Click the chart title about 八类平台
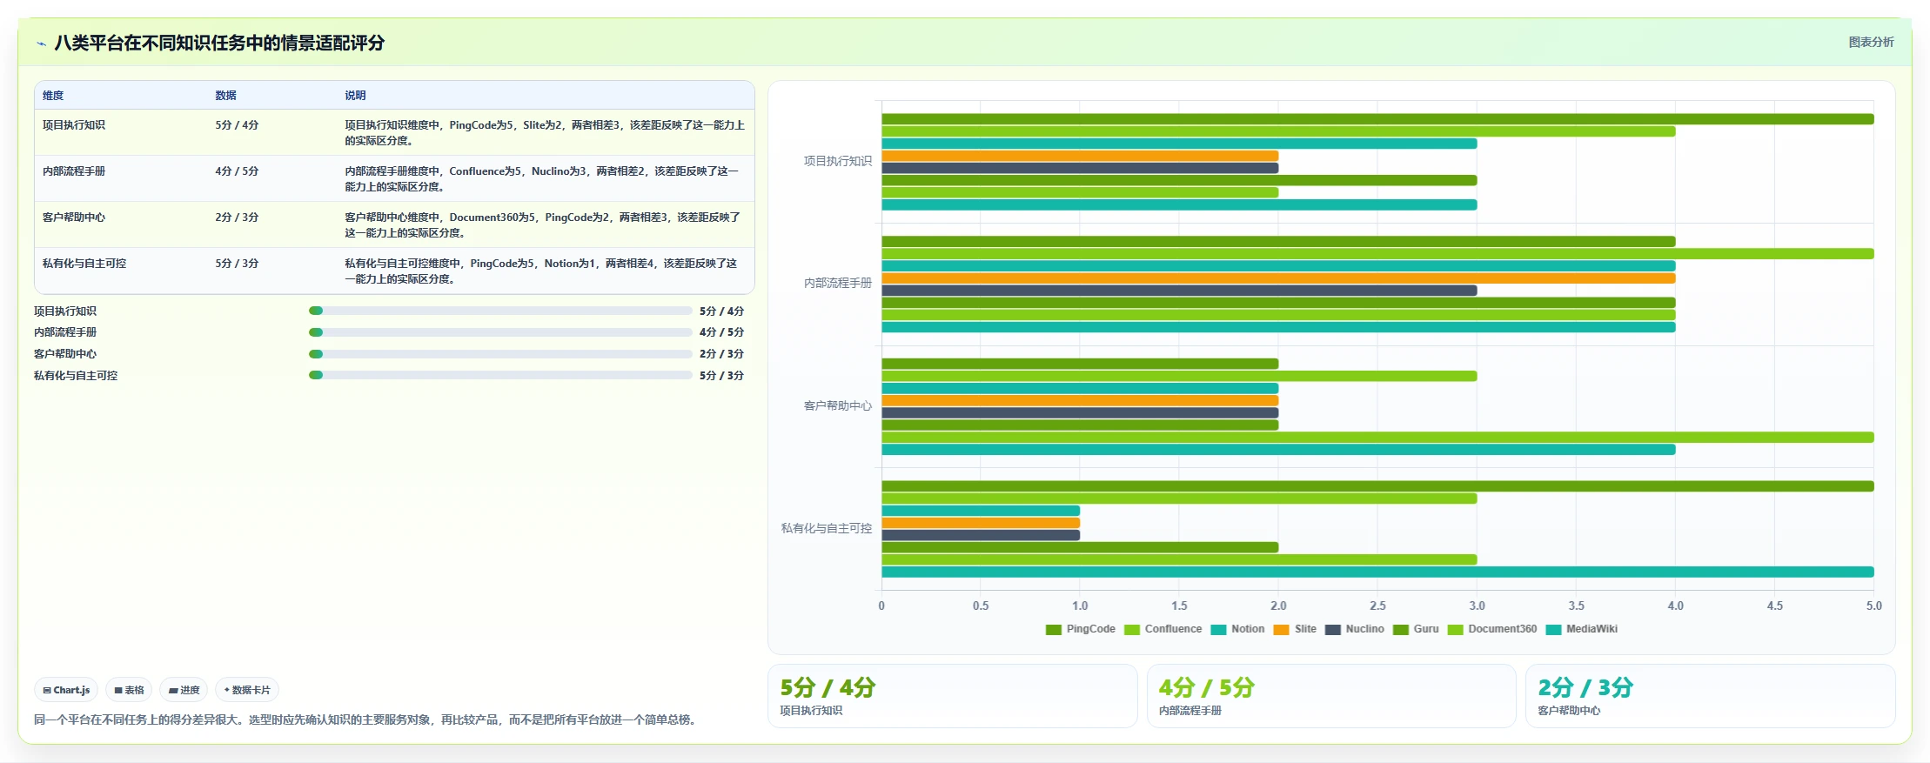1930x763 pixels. tap(219, 43)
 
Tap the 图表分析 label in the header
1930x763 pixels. tap(1871, 42)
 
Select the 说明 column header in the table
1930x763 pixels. tap(355, 96)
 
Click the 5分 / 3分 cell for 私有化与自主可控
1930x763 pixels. tap(237, 264)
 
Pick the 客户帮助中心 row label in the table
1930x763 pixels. tap(74, 218)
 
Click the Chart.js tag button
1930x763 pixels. tap(66, 690)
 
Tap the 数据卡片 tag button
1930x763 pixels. tap(247, 690)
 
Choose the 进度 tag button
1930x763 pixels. tap(184, 690)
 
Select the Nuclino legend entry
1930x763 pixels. tap(1355, 629)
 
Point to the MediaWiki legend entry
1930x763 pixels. tap(1582, 629)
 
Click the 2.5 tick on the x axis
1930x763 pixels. tap(1377, 606)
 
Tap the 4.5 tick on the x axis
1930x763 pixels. tap(1774, 606)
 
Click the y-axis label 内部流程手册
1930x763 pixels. tap(838, 284)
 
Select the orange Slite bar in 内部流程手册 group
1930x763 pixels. tap(1278, 278)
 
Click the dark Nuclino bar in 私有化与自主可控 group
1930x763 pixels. tap(981, 535)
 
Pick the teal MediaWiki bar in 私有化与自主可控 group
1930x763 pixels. tap(1377, 572)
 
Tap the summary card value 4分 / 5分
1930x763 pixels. tap(1207, 688)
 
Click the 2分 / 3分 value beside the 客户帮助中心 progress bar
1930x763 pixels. tap(721, 354)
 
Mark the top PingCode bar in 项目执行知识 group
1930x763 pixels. tap(1377, 119)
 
